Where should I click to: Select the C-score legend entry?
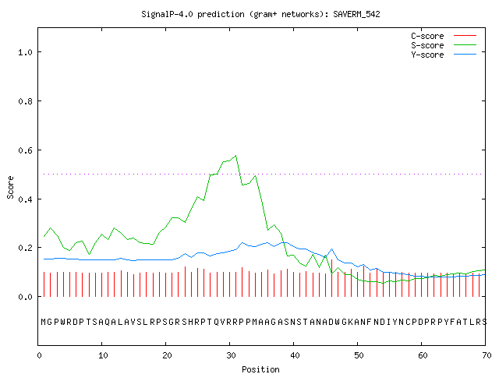tap(444, 36)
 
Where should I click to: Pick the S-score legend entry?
tap(444, 45)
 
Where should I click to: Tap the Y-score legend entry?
tap(444, 55)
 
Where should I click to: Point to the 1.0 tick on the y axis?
tap(25, 52)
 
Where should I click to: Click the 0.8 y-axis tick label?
tap(25, 101)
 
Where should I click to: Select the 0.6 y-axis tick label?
tap(25, 150)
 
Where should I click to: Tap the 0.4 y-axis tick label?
tap(25, 199)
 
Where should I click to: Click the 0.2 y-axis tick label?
tap(25, 248)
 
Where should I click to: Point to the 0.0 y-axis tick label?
tap(25, 297)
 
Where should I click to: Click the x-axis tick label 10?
tap(103, 355)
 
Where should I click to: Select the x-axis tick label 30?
tap(231, 355)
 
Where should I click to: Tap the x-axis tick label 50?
tap(359, 355)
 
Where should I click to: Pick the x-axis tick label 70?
tap(487, 355)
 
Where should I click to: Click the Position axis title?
tap(260, 369)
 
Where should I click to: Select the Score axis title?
tap(10, 188)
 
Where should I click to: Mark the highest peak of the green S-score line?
tap(235, 156)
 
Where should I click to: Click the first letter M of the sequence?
tap(44, 322)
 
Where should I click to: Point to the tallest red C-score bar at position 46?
tap(331, 278)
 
